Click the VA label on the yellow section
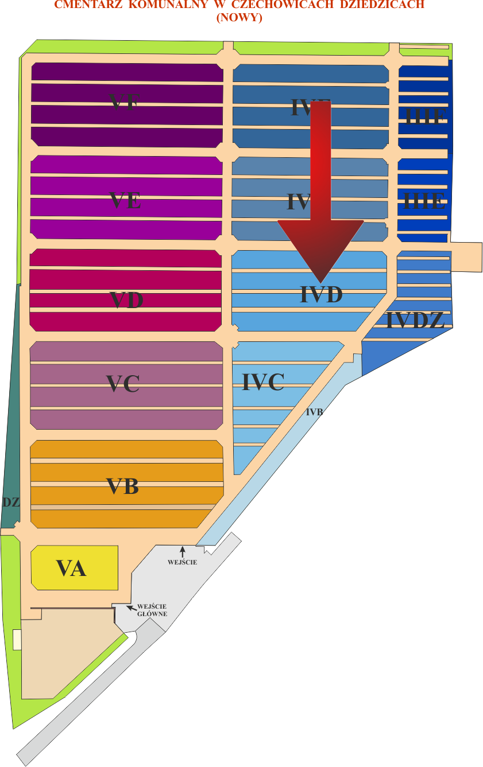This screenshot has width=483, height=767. click(x=71, y=568)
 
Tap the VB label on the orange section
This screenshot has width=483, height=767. click(x=123, y=486)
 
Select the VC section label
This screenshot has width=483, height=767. click(x=123, y=384)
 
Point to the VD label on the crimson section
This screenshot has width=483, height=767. click(x=126, y=300)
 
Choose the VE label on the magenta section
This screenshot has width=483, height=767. click(x=125, y=201)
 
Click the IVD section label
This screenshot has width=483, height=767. click(x=321, y=295)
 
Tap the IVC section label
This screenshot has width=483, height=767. click(x=263, y=382)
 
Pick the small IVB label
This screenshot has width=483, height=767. click(x=314, y=412)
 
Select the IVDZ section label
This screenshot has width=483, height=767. click(x=415, y=321)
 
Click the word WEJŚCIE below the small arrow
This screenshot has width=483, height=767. click(x=183, y=562)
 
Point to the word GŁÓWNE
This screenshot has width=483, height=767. click(x=152, y=614)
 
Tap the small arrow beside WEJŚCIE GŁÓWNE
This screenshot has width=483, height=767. click(x=132, y=607)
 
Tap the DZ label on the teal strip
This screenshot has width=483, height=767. click(x=11, y=502)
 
